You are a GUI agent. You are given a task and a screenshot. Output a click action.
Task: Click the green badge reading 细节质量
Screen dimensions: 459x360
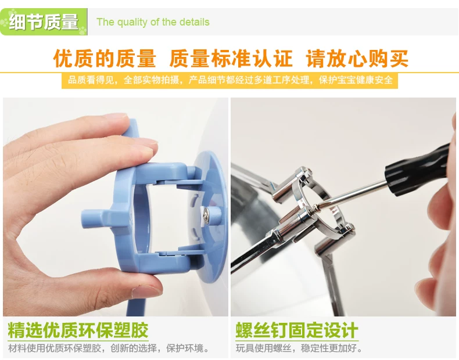44,21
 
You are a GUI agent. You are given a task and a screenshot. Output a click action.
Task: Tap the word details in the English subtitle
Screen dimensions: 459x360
195,22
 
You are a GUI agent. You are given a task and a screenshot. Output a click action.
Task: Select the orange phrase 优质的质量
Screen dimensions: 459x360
105,58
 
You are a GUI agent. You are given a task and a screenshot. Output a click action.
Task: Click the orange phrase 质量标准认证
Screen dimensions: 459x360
231,58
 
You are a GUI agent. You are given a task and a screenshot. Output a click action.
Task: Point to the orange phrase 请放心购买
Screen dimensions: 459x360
357,58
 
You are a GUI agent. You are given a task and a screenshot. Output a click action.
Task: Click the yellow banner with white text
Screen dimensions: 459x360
230,80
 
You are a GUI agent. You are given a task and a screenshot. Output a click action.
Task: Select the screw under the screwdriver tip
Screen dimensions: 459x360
315,208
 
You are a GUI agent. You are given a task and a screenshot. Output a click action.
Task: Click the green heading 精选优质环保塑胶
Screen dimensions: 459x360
78,330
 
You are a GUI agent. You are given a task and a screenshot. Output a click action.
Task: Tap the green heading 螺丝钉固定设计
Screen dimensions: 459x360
297,330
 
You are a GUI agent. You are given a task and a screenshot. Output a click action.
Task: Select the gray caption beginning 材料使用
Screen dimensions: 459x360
109,348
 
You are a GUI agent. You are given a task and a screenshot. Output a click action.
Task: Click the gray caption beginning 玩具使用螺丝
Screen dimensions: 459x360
299,348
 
